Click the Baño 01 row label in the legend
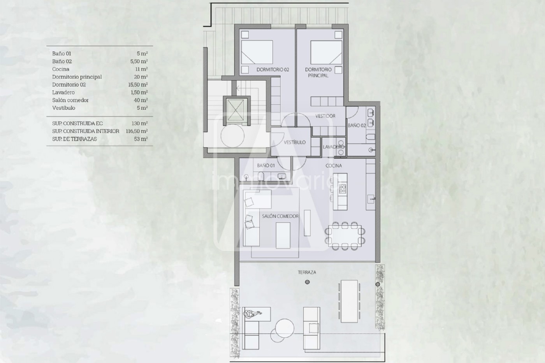tap(62, 53)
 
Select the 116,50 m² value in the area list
tap(137, 131)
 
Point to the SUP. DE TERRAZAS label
tap(74, 139)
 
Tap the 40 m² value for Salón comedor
tap(142, 100)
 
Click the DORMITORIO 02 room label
tap(273, 70)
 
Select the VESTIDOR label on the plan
tap(325, 116)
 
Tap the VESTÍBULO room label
tap(295, 142)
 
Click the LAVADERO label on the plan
tap(334, 147)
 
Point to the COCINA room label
tap(334, 166)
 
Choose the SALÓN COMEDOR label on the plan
tap(280, 216)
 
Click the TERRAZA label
tap(307, 272)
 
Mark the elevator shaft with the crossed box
tap(235, 110)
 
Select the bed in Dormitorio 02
tap(257, 52)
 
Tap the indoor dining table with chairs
tap(345, 236)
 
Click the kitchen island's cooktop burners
tap(343, 189)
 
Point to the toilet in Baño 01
tap(261, 175)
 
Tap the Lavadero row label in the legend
tap(63, 92)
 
